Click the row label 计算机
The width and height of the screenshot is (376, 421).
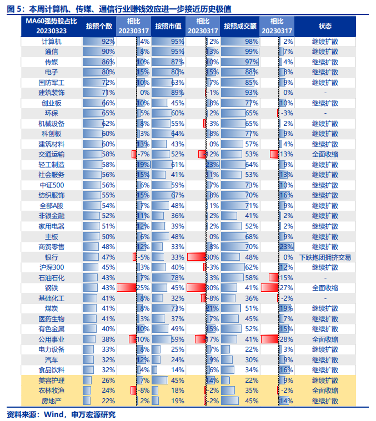tap(52, 42)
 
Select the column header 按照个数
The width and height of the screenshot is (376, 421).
tap(99, 26)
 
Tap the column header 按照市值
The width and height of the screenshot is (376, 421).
tap(168, 26)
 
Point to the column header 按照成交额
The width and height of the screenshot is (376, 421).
tap(240, 26)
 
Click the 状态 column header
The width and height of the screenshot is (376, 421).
tap(325, 26)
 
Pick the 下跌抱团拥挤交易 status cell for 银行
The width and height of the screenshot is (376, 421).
tap(325, 257)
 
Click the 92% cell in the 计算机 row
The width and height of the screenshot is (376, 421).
tap(107, 42)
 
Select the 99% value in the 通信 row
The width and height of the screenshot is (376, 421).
tap(252, 52)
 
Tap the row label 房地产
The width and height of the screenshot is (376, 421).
tap(52, 400)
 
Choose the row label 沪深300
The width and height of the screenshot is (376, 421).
tap(52, 267)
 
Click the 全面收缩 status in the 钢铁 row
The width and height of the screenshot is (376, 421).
tap(325, 288)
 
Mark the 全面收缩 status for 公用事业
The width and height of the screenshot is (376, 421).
tap(325, 339)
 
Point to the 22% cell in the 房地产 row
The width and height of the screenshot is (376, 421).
tap(108, 400)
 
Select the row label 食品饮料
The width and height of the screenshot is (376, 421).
tap(52, 369)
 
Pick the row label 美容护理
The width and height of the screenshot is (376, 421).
tap(52, 380)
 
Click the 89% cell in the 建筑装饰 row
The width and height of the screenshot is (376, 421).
tap(177, 93)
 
